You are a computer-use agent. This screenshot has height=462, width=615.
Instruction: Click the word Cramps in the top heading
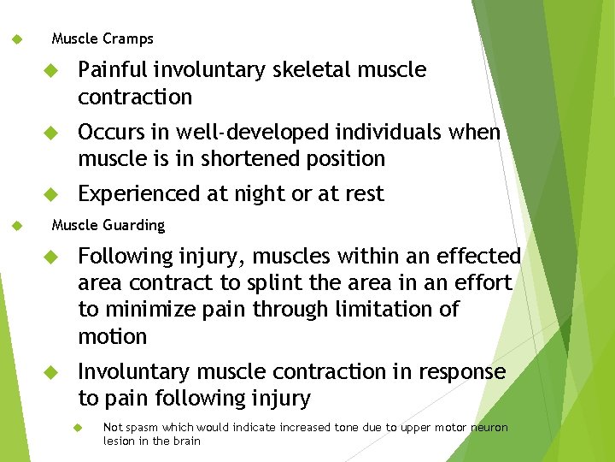point(128,38)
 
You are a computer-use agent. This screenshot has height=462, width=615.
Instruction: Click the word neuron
point(489,428)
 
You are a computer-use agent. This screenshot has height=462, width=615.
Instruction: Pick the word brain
point(187,441)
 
